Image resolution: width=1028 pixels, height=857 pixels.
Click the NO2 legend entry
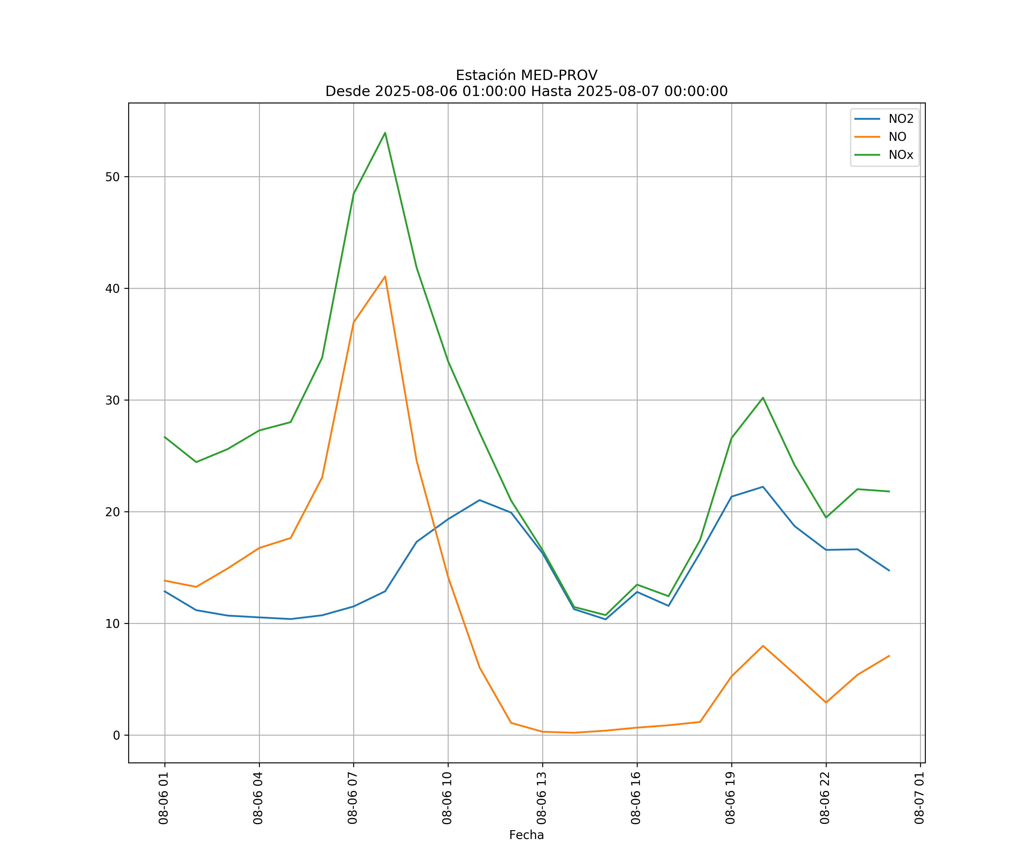[901, 119]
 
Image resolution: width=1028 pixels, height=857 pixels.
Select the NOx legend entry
[901, 155]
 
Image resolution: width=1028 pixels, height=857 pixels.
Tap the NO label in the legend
[897, 137]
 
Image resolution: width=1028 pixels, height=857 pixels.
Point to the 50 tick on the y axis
[113, 177]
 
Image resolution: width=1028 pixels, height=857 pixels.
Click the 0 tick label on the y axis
[117, 735]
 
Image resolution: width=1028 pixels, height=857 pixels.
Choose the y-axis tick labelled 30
[113, 400]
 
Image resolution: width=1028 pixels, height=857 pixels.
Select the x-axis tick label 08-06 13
[542, 798]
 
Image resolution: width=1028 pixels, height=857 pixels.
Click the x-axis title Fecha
[526, 835]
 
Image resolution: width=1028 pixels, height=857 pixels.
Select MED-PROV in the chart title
[559, 75]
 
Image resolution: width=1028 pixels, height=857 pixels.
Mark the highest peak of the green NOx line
[385, 133]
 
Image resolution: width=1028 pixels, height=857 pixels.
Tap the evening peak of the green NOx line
[763, 398]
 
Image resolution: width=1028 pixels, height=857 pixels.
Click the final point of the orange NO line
[889, 656]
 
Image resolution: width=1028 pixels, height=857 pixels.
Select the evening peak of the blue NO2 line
[763, 487]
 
